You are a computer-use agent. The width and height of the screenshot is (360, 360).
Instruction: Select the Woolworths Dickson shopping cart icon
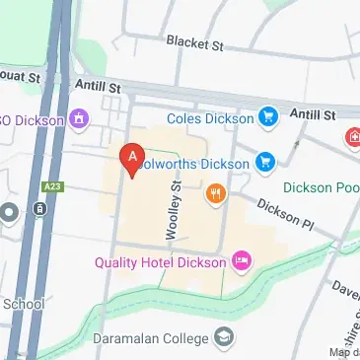[264, 161]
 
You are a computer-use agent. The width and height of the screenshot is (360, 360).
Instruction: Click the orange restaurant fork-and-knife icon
[215, 194]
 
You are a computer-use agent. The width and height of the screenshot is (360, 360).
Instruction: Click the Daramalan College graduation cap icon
[225, 337]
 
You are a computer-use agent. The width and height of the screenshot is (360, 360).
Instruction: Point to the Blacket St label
[195, 42]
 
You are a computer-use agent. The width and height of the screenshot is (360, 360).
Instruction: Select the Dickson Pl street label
[285, 212]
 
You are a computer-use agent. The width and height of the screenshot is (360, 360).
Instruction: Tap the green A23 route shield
[53, 185]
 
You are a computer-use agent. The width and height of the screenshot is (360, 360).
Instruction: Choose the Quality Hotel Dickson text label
[161, 262]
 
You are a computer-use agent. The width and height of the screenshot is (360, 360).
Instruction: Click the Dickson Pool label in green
[321, 186]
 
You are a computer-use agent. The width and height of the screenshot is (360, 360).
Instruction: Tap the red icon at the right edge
[352, 139]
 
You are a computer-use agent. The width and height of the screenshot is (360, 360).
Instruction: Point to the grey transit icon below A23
[38, 210]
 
